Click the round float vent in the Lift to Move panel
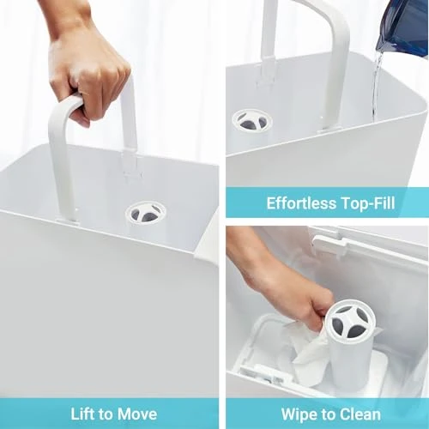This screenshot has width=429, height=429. pyautogui.click(x=146, y=213)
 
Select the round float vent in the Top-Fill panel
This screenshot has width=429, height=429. pyautogui.click(x=251, y=120)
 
